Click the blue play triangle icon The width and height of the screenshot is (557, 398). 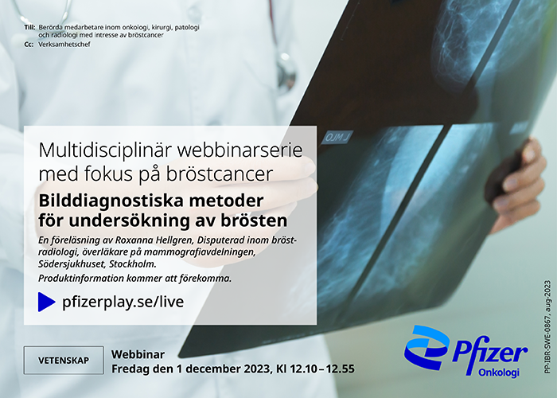pyautogui.click(x=46, y=302)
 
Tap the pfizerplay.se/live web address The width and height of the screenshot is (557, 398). pyautogui.click(x=123, y=302)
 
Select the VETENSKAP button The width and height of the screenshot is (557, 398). pyautogui.click(x=64, y=361)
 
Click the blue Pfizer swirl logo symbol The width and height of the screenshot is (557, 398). pyautogui.click(x=427, y=347)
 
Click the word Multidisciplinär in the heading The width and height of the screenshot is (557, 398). pyautogui.click(x=106, y=150)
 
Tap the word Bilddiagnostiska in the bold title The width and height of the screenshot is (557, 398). pyautogui.click(x=111, y=201)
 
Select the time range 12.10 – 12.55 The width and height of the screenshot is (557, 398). pyautogui.click(x=322, y=369)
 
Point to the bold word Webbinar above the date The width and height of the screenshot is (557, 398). pyautogui.click(x=138, y=354)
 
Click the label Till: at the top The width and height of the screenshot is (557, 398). pyautogui.click(x=29, y=27)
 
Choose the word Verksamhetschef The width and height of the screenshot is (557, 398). pyautogui.click(x=64, y=45)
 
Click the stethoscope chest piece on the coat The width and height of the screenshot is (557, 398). pyautogui.click(x=286, y=73)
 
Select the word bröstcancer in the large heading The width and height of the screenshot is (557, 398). pyautogui.click(x=220, y=174)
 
